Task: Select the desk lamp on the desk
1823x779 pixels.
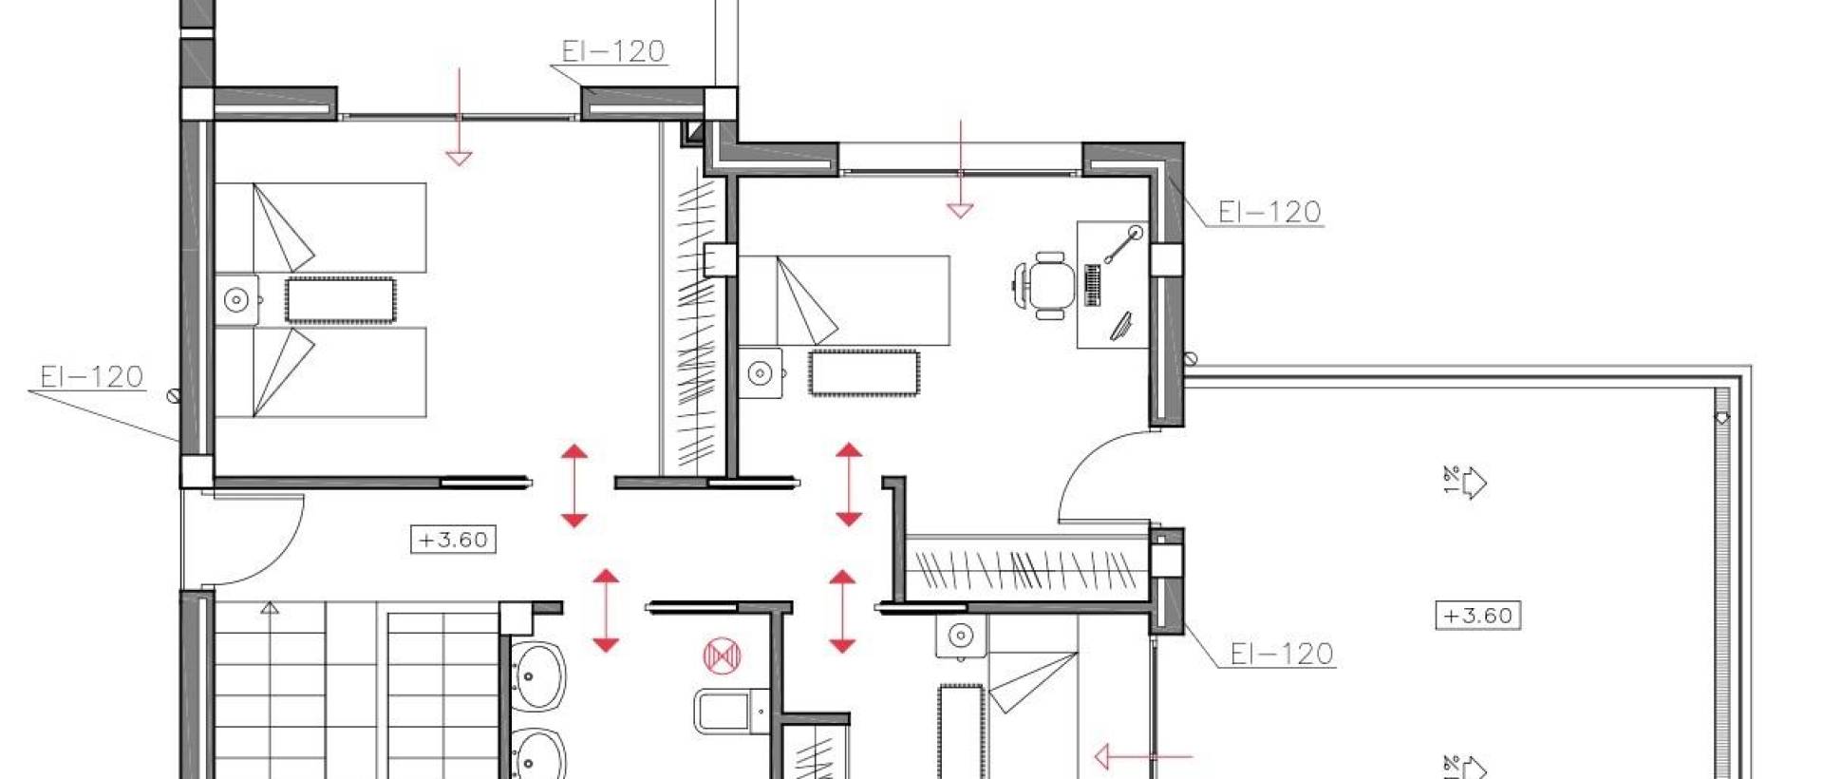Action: [1122, 244]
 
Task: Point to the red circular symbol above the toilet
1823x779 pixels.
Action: [722, 655]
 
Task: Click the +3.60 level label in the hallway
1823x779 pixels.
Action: [453, 540]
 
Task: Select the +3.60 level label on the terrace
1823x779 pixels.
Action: [1476, 616]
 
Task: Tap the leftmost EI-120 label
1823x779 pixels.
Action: [91, 377]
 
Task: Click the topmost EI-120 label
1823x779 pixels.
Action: [612, 51]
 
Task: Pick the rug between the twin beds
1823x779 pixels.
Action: [340, 300]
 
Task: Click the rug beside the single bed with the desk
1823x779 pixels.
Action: [863, 372]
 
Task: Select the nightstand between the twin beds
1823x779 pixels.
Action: [236, 300]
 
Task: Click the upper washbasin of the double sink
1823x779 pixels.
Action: [537, 675]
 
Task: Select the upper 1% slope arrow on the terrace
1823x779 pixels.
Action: [1466, 483]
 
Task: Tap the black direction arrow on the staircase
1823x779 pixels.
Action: [271, 608]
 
